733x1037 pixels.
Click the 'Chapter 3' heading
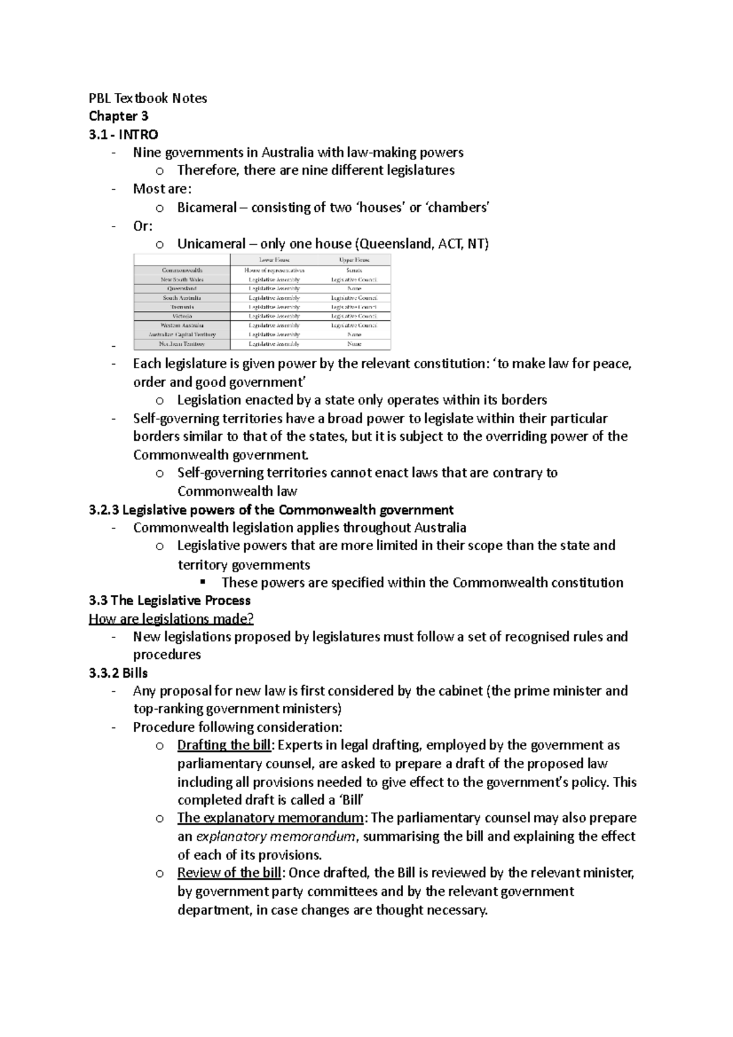coord(119,116)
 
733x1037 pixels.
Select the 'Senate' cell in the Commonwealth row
coord(354,270)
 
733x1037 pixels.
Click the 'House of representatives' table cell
coord(274,270)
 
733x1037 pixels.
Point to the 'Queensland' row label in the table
coord(182,288)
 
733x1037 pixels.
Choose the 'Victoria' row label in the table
coord(182,316)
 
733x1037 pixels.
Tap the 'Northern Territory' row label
coord(182,344)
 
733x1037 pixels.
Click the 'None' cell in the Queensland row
coord(354,288)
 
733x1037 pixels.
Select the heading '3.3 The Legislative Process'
coord(169,600)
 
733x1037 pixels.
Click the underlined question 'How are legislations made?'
coord(171,619)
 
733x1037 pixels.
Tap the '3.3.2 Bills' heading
coord(118,673)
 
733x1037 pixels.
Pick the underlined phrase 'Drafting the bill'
coord(224,745)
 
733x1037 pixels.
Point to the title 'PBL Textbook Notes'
coord(148,98)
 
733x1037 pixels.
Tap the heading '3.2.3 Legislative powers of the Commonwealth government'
coord(271,510)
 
